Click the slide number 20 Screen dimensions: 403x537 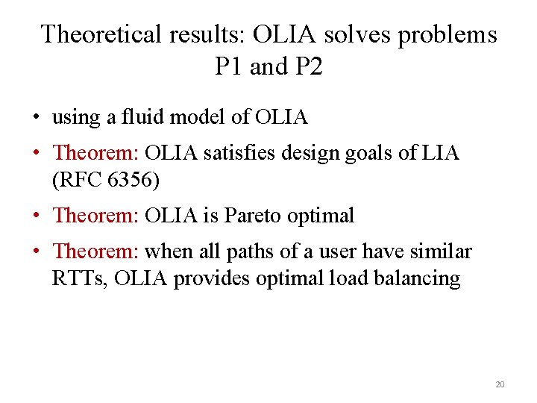point(500,385)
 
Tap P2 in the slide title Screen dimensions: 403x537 point(308,67)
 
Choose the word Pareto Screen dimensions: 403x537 point(253,216)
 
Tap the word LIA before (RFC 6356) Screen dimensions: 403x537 point(441,153)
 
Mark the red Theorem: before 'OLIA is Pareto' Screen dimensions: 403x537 point(96,216)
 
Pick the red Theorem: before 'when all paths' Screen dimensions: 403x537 point(96,252)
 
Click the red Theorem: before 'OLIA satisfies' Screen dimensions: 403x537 point(96,153)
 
